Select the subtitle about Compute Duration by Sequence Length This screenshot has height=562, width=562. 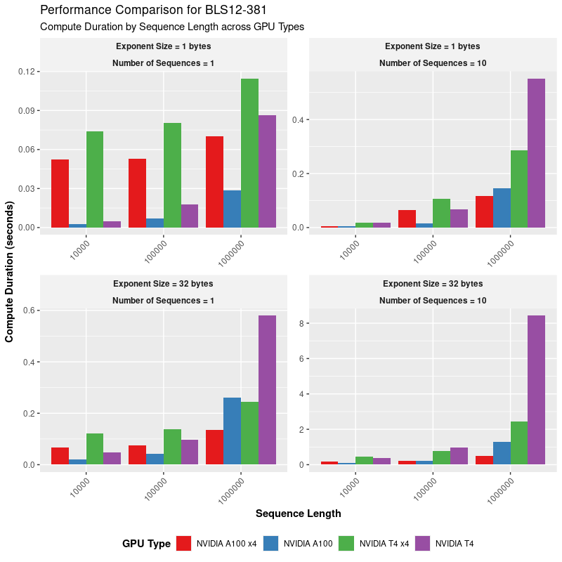point(172,27)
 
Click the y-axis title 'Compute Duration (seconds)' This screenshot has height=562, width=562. point(10,272)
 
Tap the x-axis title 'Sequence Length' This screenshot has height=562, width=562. point(298,514)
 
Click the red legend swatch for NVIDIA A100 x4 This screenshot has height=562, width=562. point(184,543)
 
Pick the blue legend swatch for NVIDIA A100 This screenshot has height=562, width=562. point(271,543)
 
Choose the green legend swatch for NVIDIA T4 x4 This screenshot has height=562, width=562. point(346,543)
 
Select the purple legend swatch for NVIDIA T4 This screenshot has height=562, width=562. point(423,543)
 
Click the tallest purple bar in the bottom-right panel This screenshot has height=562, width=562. point(536,390)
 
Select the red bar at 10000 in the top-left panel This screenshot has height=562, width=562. point(60,193)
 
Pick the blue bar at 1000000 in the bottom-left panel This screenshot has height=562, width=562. point(232,431)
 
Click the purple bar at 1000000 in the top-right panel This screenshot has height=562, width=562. point(536,153)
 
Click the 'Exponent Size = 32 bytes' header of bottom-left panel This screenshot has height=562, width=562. point(163,284)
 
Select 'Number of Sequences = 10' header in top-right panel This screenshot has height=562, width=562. point(433,63)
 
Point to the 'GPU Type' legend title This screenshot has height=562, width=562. point(146,543)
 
